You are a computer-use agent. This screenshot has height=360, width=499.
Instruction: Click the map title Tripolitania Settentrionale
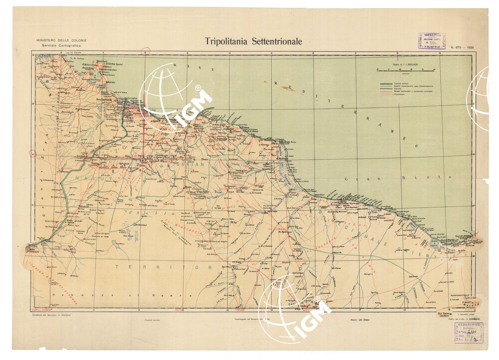tap(253, 41)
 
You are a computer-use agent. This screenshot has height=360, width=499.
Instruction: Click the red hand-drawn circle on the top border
tap(146, 51)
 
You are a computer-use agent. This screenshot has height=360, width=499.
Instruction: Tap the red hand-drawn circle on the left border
tap(33, 154)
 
